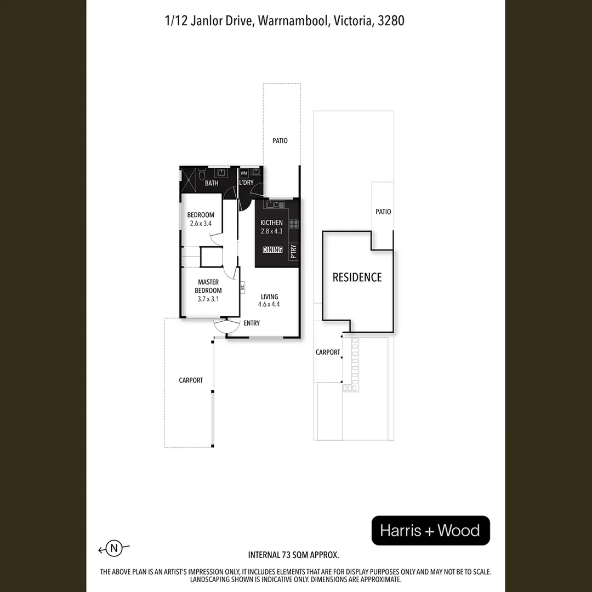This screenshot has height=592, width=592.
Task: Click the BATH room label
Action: (x=212, y=183)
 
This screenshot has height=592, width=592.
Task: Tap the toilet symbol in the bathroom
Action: (x=202, y=174)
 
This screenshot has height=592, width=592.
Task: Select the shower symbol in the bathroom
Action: (x=189, y=179)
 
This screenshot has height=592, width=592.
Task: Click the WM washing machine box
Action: (x=244, y=173)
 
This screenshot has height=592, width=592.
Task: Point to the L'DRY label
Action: (x=246, y=183)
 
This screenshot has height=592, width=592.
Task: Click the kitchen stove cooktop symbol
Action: (x=294, y=224)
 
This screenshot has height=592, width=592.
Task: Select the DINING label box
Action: (x=272, y=250)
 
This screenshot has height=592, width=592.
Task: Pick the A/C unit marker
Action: (x=242, y=286)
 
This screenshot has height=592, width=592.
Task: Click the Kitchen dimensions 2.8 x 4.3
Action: (x=272, y=231)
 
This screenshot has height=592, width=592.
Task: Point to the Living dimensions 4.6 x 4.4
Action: (x=269, y=305)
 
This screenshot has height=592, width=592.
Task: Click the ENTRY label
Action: (x=252, y=323)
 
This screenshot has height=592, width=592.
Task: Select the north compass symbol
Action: (x=114, y=548)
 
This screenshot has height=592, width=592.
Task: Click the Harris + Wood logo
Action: (x=430, y=531)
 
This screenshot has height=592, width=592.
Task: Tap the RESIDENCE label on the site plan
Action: (x=357, y=277)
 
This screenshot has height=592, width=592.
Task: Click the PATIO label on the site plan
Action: (x=384, y=212)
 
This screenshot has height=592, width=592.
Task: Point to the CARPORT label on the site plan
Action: (x=328, y=352)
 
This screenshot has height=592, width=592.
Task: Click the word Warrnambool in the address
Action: (x=293, y=21)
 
